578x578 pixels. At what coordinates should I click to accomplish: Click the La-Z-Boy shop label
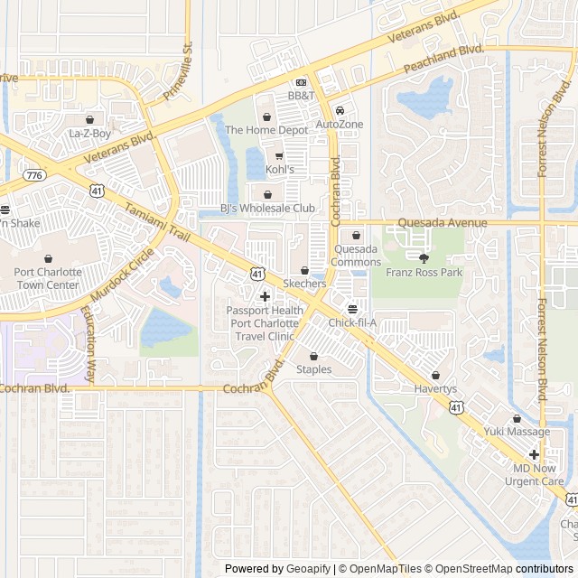[x=89, y=134]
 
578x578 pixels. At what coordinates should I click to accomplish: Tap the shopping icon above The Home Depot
[x=266, y=117]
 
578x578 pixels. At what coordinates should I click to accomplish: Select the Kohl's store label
[x=279, y=169]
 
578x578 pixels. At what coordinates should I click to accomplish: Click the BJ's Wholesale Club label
[x=268, y=209]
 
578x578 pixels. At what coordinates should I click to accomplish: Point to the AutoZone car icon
[x=340, y=110]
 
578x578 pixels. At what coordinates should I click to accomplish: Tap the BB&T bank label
[x=302, y=95]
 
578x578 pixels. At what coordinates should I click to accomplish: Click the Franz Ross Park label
[x=424, y=272]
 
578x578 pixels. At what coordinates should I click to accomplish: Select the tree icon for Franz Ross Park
[x=424, y=258]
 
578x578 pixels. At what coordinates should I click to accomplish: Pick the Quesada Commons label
[x=356, y=256]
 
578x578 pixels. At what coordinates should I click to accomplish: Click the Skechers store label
[x=304, y=284]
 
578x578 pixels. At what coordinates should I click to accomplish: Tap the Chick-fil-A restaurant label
[x=352, y=322]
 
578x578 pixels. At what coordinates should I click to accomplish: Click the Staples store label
[x=314, y=369]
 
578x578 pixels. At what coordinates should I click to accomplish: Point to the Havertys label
[x=437, y=389]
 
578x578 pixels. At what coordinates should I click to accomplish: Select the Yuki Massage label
[x=517, y=432]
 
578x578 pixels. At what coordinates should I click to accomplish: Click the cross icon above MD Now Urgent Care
[x=535, y=455]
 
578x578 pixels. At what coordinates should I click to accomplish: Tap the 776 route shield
[x=34, y=174]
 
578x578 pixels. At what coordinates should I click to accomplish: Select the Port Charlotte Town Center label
[x=47, y=277]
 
